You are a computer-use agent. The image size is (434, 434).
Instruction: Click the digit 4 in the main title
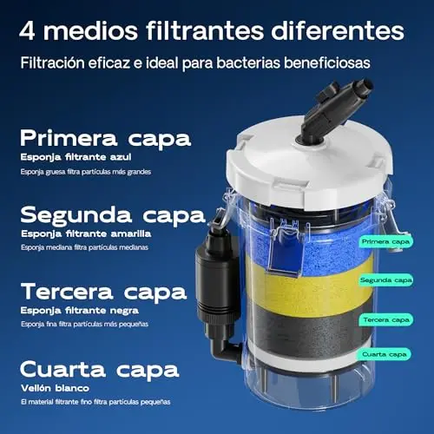click(27, 30)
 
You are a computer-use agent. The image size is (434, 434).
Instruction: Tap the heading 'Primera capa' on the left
click(106, 139)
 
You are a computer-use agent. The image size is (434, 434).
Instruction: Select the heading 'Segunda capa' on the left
click(113, 215)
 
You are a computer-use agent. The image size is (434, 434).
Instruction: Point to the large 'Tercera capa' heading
click(103, 292)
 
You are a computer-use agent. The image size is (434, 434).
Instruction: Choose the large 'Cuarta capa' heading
click(100, 370)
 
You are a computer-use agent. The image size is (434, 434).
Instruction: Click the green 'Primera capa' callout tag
click(385, 241)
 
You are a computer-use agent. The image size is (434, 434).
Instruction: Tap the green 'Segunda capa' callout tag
click(385, 280)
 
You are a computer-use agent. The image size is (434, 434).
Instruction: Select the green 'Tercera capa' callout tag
click(386, 319)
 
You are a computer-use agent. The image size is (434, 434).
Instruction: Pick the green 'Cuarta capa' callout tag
click(384, 354)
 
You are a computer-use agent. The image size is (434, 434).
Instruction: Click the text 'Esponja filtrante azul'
click(76, 157)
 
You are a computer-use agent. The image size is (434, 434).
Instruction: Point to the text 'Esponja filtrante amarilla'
click(86, 233)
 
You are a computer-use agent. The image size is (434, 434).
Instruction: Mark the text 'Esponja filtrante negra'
click(80, 311)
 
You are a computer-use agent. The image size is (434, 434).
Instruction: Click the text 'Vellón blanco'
click(55, 388)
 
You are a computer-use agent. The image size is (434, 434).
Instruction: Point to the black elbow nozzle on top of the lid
click(332, 111)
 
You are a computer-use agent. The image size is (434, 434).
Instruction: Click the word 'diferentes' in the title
click(338, 30)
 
